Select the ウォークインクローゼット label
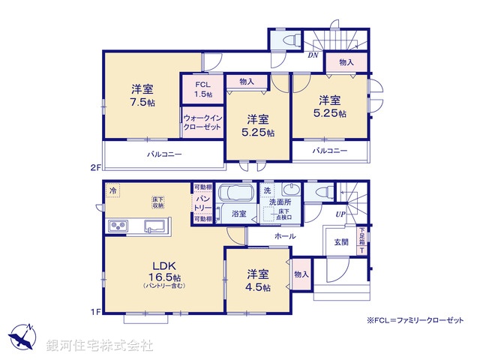tap(202, 122)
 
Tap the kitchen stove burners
tap(118, 226)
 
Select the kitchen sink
tap(155, 226)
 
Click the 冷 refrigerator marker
tap(112, 190)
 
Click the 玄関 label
tap(341, 241)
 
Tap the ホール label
tap(285, 236)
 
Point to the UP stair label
tap(340, 215)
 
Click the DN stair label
tap(311, 55)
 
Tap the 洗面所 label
tap(282, 202)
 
